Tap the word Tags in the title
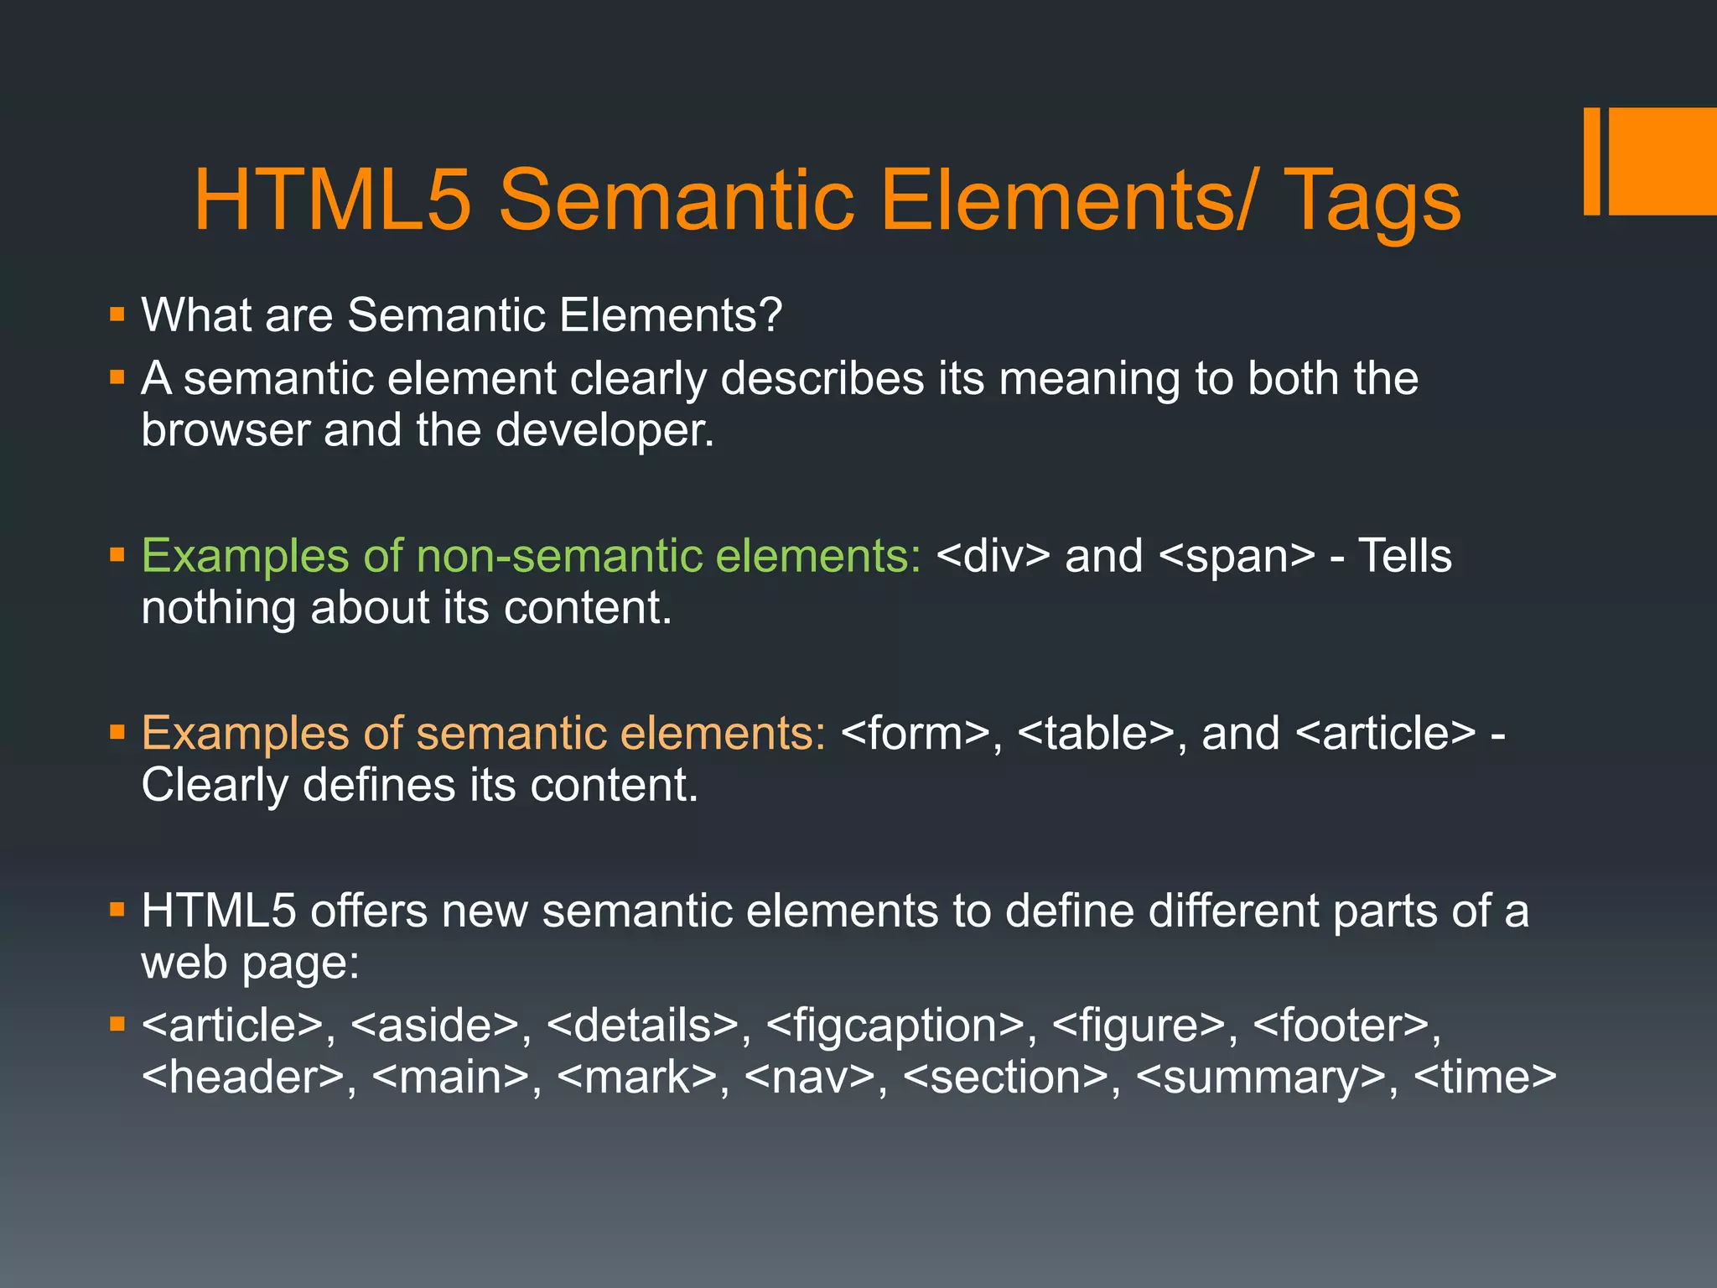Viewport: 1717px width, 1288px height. coord(1371,201)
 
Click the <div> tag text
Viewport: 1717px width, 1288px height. coord(993,556)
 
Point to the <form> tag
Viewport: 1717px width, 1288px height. coord(915,734)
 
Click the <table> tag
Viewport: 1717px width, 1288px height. coord(1096,734)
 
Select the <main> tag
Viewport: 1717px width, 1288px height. coord(449,1078)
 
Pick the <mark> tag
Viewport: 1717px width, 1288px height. coord(636,1078)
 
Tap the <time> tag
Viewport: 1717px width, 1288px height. coord(1485,1078)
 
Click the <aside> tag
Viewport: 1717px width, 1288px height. coord(434,1026)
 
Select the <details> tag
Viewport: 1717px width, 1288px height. coord(642,1026)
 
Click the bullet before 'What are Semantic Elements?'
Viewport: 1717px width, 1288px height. coord(117,316)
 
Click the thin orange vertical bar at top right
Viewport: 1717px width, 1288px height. coord(1591,161)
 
